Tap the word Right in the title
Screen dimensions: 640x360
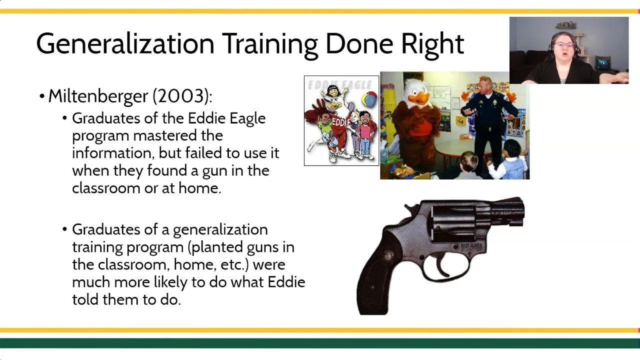[432, 45]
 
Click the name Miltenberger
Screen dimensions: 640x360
[98, 96]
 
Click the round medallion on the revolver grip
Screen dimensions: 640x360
[389, 254]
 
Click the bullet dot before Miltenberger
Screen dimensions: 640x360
[42, 96]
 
